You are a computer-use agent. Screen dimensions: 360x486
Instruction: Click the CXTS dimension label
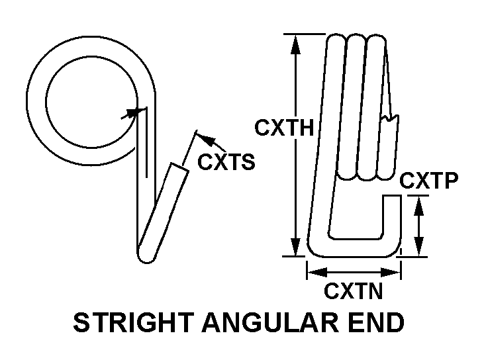(x=226, y=162)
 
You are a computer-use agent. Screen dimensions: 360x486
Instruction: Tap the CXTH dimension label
(x=284, y=128)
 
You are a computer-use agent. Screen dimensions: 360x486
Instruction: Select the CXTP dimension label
(x=430, y=181)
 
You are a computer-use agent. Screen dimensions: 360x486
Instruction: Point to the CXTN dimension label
(x=354, y=291)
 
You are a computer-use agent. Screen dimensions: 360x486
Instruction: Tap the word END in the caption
(x=380, y=324)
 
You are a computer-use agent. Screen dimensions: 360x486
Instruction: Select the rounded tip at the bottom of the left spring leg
(x=145, y=255)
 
